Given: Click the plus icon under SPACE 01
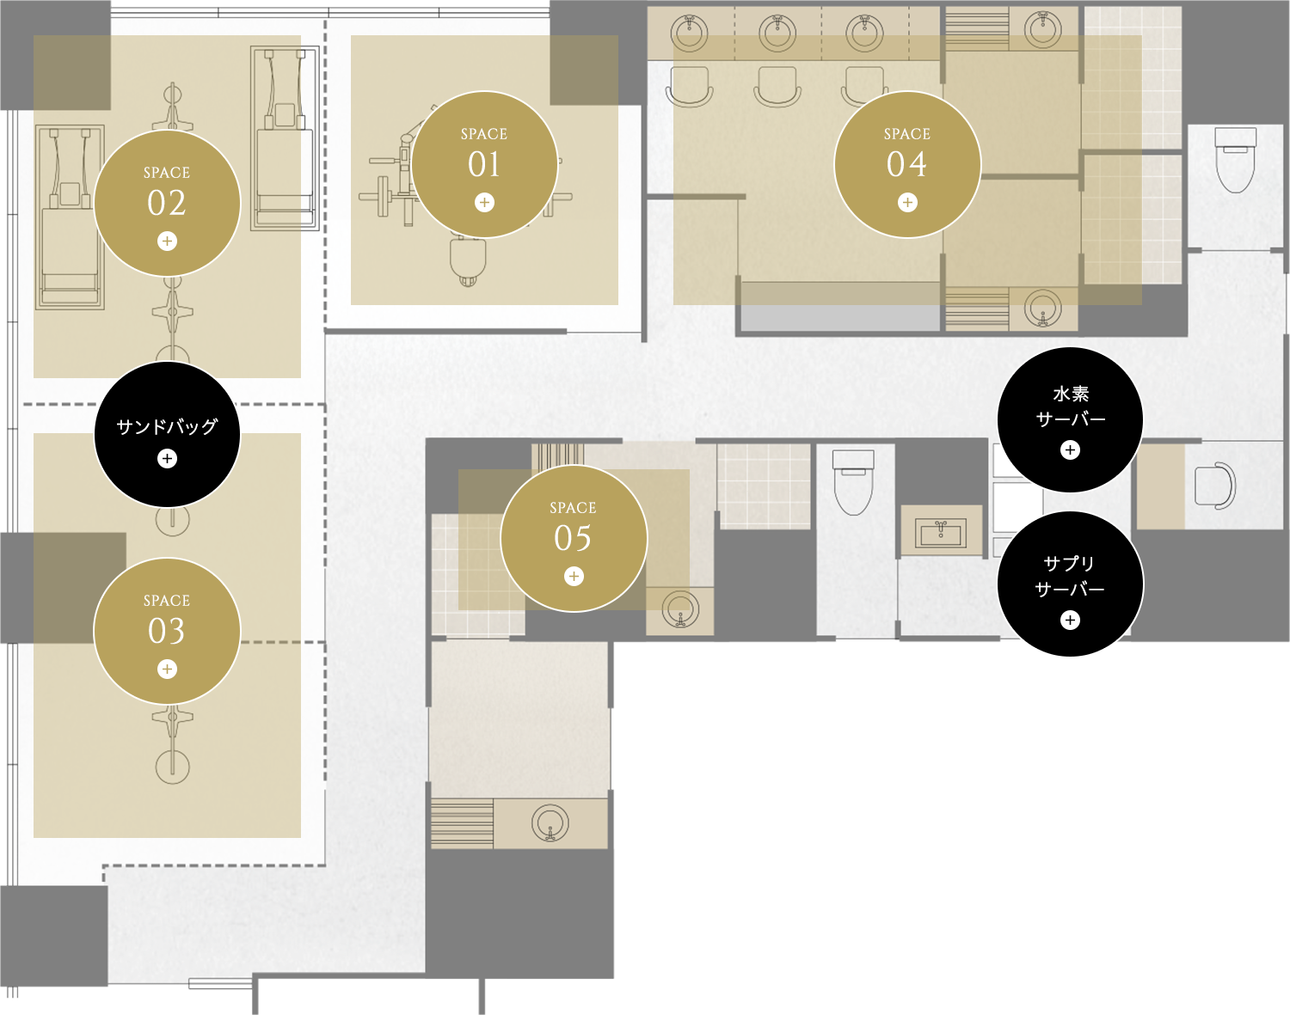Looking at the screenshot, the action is (x=484, y=203).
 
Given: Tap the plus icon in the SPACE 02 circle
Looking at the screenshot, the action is (x=167, y=241).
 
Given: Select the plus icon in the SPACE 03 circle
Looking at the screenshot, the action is (x=167, y=669).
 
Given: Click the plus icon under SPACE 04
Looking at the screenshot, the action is (x=907, y=203).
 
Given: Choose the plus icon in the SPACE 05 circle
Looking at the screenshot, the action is (x=574, y=577).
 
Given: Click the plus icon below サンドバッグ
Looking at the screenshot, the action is (x=167, y=458).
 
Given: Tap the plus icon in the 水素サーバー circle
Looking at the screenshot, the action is (x=1070, y=450).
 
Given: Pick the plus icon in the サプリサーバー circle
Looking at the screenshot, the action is (x=1070, y=620).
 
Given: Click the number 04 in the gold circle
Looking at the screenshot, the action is (x=907, y=164).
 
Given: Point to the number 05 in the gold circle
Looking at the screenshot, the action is (x=573, y=538).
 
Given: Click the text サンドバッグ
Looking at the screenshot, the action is (x=167, y=426).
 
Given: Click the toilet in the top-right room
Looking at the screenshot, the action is (x=1236, y=161).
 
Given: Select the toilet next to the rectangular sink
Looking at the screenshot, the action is (x=853, y=483).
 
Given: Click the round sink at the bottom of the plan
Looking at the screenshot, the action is (x=550, y=822).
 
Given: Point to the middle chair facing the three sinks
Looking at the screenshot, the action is (x=777, y=88).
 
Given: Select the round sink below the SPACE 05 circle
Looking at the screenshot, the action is (x=680, y=609).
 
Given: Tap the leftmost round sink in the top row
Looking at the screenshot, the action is (x=690, y=33).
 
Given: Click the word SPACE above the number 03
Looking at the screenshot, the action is (x=167, y=601).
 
